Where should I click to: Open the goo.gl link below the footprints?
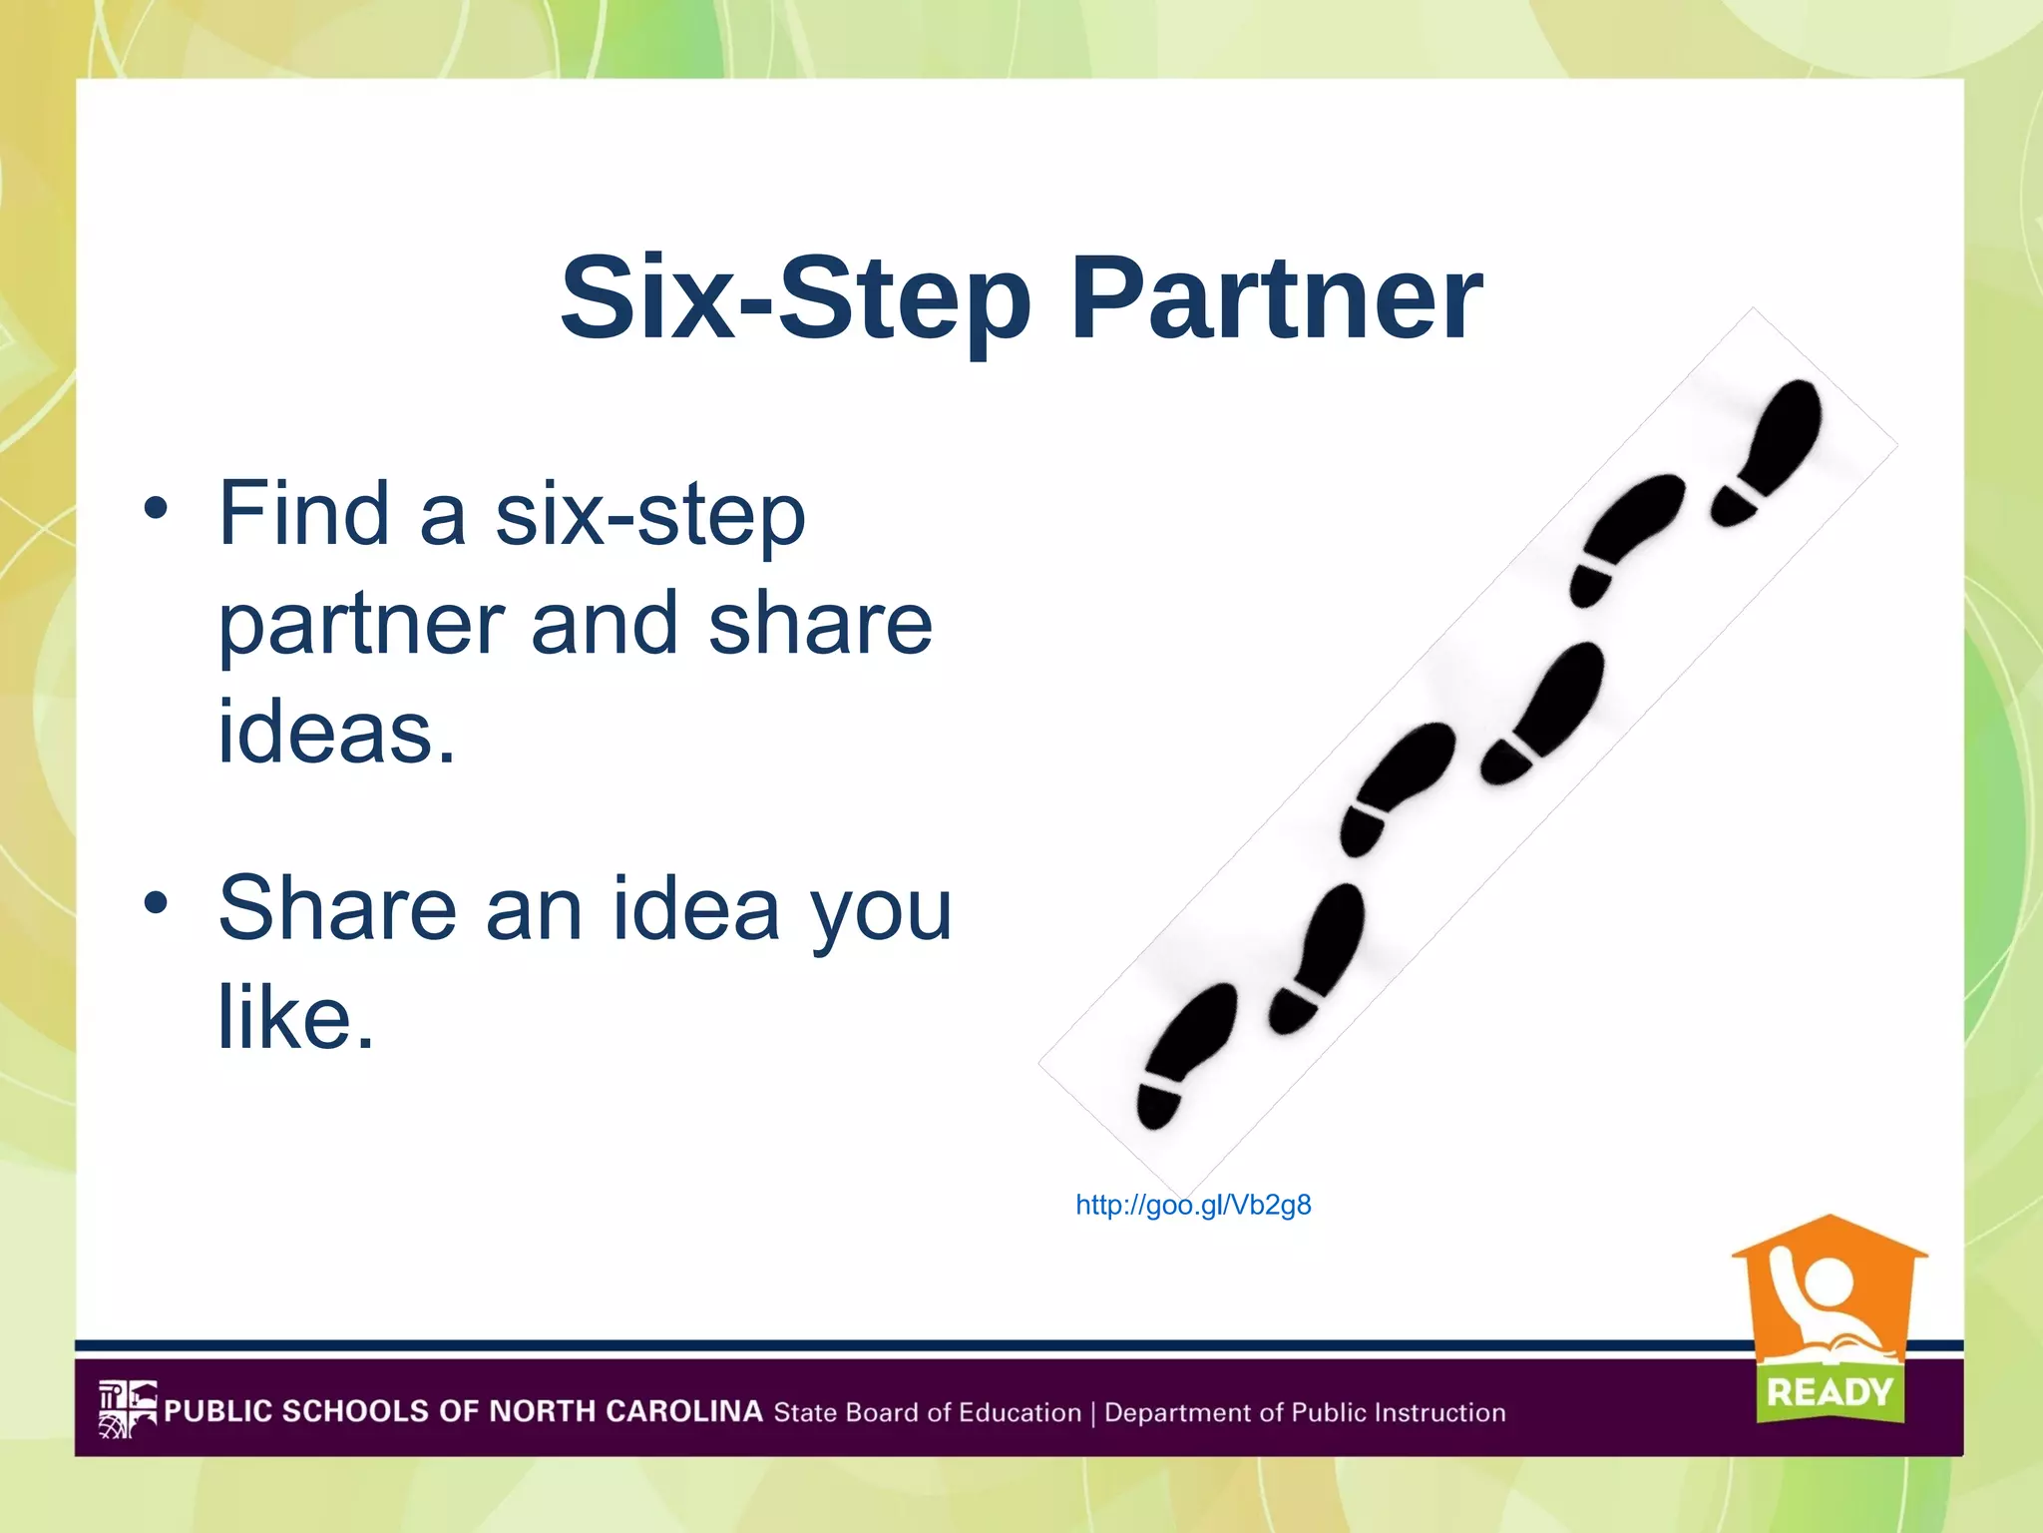coord(1193,1206)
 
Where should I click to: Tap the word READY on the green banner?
coord(1830,1391)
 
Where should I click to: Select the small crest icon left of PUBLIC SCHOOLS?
coord(127,1409)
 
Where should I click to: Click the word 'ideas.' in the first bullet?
coord(336,732)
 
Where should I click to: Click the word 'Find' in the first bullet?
coord(303,514)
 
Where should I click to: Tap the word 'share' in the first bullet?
coord(819,624)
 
